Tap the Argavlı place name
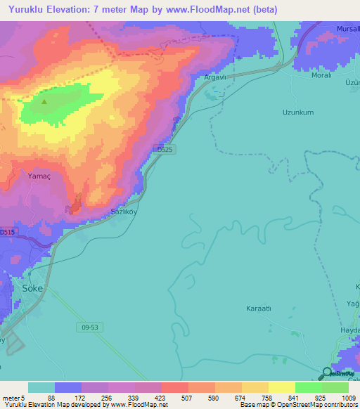click(x=214, y=77)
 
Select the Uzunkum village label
click(x=297, y=112)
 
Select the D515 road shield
click(x=7, y=231)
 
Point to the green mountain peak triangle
click(x=44, y=102)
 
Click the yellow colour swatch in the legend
click(x=281, y=387)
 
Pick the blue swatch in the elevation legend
click(x=68, y=387)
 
